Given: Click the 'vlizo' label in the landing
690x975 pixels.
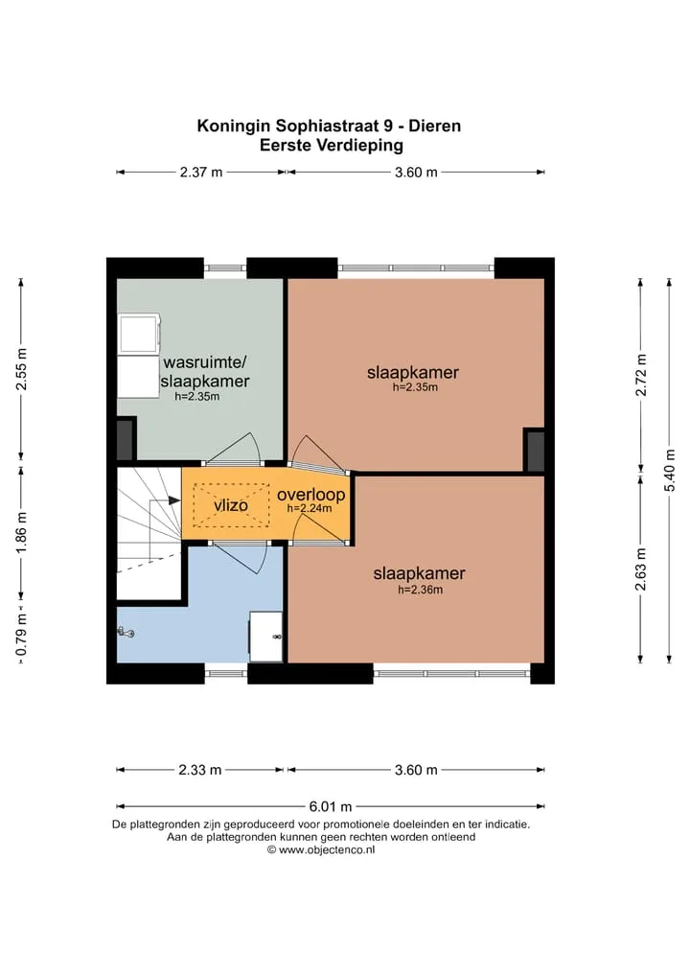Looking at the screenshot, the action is click(x=231, y=505).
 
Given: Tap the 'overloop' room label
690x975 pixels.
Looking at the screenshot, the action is click(x=310, y=495).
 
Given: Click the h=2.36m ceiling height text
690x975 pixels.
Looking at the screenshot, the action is click(x=420, y=590).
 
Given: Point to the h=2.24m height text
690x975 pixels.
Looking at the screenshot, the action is click(x=309, y=508).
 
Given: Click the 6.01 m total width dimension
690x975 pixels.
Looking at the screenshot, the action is click(x=331, y=806).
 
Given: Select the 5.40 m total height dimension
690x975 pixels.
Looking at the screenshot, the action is click(x=670, y=470).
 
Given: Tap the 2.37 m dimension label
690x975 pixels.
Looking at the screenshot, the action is click(x=201, y=173).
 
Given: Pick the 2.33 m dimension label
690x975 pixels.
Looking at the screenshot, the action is click(x=200, y=770).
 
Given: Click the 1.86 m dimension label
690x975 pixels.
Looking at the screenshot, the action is click(x=22, y=532).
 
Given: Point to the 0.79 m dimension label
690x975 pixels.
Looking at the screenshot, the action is click(x=22, y=635).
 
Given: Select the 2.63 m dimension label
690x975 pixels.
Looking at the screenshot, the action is click(x=641, y=569).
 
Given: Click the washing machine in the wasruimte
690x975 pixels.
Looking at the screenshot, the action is click(x=139, y=334).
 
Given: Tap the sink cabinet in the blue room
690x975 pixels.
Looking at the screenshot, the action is click(x=266, y=637).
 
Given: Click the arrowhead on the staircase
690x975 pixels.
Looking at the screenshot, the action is click(x=173, y=499).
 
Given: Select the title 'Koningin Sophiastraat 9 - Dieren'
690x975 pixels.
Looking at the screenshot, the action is click(x=329, y=126).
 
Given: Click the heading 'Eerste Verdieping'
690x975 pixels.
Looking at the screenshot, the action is click(x=332, y=146).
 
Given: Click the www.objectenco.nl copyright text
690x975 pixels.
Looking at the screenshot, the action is click(x=321, y=850).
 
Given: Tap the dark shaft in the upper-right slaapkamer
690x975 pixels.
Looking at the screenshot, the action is click(x=535, y=451).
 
